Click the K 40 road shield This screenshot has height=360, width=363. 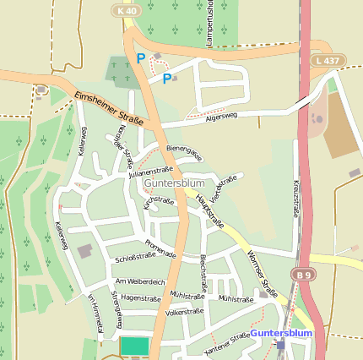click(x=127, y=10)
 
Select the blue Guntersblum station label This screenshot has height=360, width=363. click(x=281, y=334)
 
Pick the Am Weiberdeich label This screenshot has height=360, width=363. click(x=139, y=281)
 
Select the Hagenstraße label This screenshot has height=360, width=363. click(x=140, y=298)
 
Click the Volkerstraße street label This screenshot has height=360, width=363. click(x=185, y=312)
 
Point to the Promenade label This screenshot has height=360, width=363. click(x=160, y=247)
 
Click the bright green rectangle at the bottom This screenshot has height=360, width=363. click(x=134, y=346)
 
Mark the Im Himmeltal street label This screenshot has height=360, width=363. click(x=94, y=315)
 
